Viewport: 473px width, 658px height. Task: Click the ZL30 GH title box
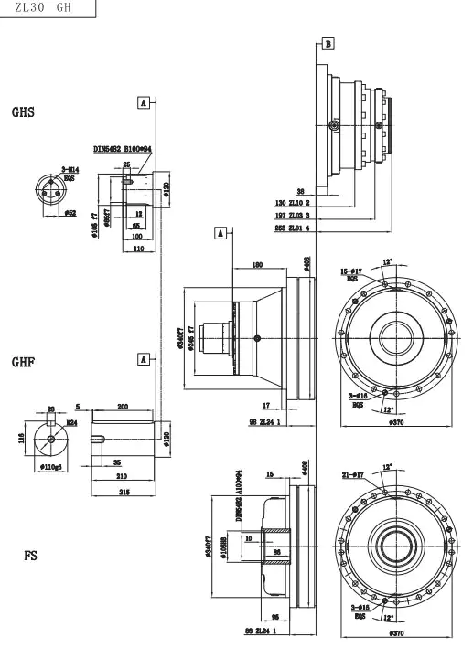pos(47,8)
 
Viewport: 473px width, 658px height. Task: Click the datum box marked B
pos(328,43)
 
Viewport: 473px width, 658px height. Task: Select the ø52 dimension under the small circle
pos(70,213)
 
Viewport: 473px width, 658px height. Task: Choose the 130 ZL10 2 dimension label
pos(293,202)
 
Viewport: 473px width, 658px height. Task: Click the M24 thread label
pos(70,422)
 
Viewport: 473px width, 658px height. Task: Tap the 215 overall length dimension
pos(123,492)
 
